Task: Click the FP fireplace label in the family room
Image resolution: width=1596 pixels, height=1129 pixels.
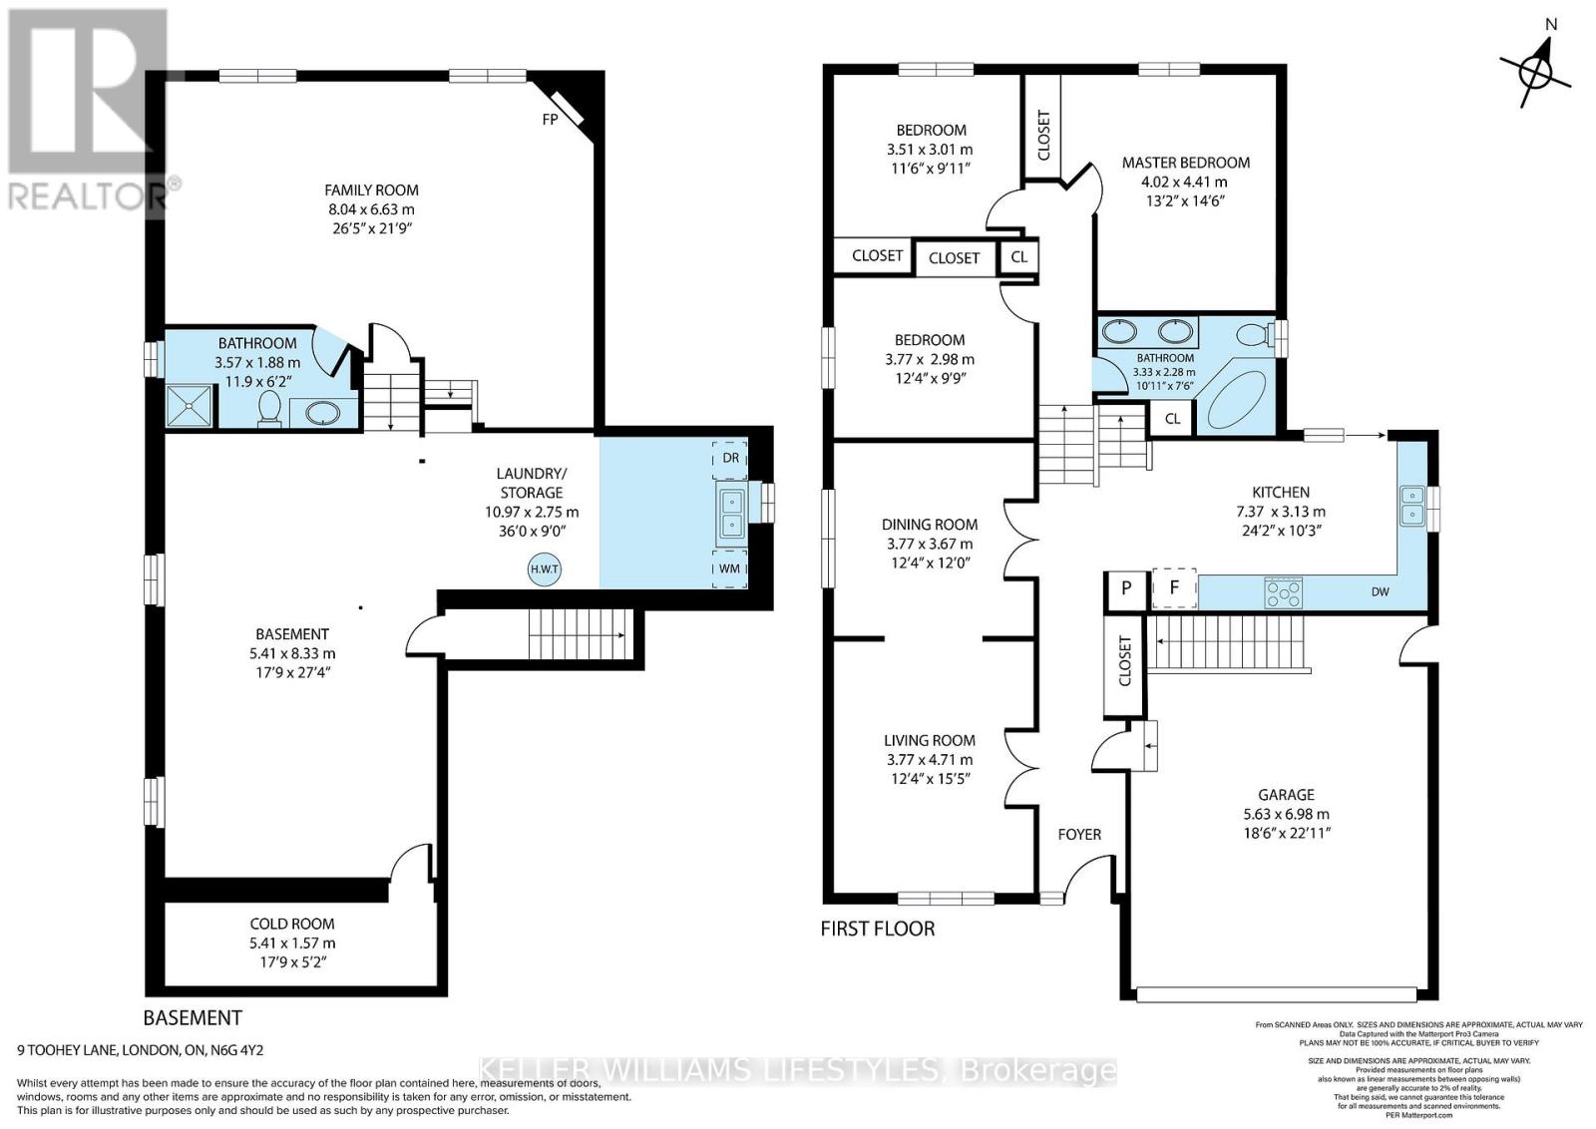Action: pos(549,119)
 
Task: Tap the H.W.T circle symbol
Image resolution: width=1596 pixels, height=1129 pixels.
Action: pos(545,569)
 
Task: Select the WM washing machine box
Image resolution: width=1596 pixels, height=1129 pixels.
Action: pos(730,567)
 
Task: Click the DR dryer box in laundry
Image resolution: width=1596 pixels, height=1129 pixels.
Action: pos(730,458)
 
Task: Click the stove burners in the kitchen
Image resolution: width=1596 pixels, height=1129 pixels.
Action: pos(1281,593)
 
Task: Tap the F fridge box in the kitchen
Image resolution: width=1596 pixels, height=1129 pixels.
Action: pos(1174,588)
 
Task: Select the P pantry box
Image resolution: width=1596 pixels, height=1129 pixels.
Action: pos(1126,588)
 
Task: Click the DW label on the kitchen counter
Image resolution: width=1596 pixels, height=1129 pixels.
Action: pos(1380,592)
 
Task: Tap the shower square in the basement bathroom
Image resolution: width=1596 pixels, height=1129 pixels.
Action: pos(190,405)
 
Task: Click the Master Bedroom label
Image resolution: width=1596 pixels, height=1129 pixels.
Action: pos(1185,163)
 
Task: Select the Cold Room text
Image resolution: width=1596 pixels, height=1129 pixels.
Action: pos(292,925)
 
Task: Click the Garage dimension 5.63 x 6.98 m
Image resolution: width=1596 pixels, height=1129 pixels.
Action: pos(1286,814)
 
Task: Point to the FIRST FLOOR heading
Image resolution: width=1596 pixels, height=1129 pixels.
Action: pos(877,929)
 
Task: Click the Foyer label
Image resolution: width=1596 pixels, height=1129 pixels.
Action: pos(1079,834)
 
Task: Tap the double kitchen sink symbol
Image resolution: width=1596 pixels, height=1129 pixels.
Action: pos(1411,505)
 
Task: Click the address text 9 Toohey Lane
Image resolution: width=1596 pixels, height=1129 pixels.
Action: pos(140,1050)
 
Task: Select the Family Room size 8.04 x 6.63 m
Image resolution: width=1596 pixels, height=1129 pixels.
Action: pos(371,209)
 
